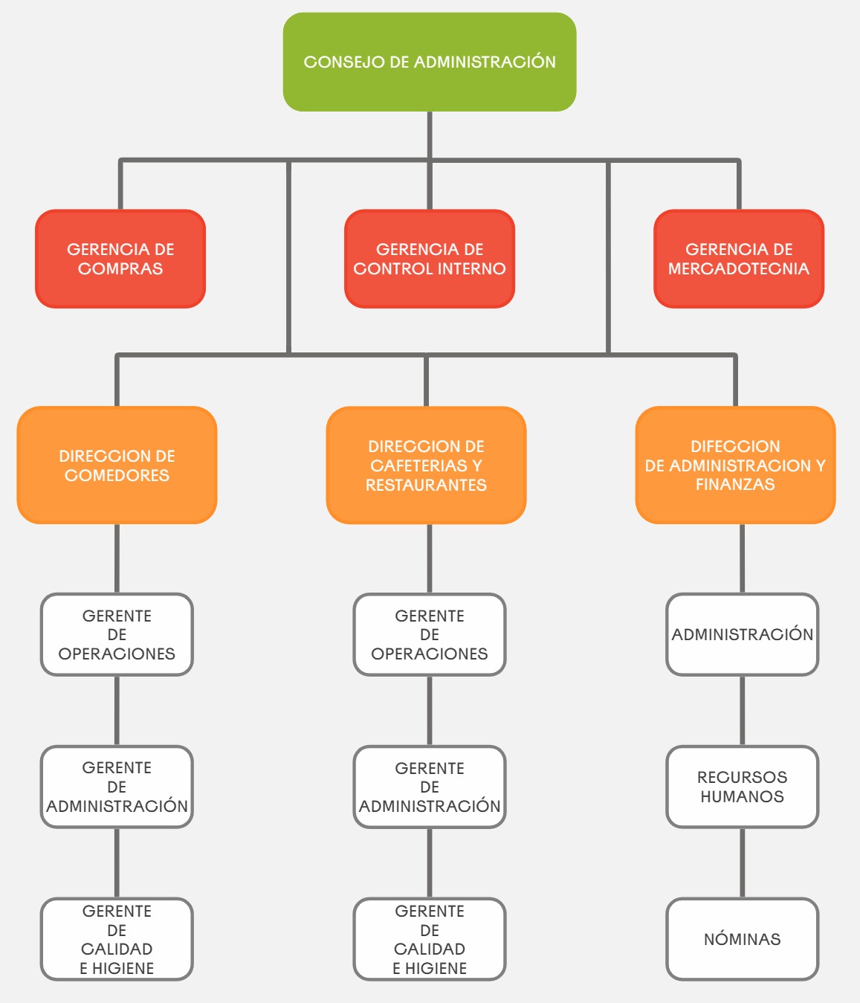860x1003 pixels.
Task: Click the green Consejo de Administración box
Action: coord(430,62)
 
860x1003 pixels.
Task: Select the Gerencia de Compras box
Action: coord(120,259)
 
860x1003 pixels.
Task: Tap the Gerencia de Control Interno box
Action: coord(430,259)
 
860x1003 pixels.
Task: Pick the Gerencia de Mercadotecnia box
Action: coord(739,259)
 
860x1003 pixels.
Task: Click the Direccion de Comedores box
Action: coord(117,465)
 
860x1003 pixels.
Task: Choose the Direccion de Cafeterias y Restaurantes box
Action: coord(426,465)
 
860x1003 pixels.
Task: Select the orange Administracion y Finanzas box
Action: coord(735,465)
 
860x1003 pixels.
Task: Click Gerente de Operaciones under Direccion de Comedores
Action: coord(117,634)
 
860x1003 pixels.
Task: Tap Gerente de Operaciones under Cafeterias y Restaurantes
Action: coord(430,634)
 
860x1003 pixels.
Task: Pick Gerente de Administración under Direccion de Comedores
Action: coord(117,787)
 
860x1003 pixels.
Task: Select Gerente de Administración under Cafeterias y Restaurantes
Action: coord(430,787)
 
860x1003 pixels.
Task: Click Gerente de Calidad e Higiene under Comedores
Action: coord(117,939)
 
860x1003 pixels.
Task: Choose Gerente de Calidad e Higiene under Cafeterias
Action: coord(430,939)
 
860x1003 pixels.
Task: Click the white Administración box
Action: coord(742,634)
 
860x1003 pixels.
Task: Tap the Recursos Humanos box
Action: coord(742,787)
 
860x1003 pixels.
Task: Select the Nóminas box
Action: coord(742,939)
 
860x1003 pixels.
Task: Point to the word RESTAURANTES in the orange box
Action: coord(426,486)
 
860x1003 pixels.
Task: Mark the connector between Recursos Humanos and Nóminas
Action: coord(742,862)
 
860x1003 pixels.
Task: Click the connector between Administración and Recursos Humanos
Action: coord(742,710)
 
